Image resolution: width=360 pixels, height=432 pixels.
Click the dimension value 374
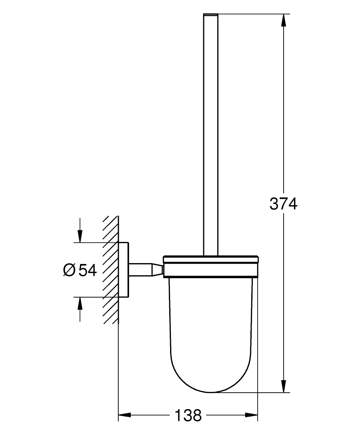tap(284, 203)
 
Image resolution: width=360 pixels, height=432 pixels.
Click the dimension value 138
tap(188, 416)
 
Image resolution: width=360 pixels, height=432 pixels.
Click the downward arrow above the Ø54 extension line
tap(80, 235)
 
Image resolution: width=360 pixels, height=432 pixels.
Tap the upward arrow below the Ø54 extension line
tap(80, 305)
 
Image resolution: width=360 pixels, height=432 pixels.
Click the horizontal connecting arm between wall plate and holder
tap(139, 270)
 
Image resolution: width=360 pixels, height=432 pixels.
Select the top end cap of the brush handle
tap(211, 16)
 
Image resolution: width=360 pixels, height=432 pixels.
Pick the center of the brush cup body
tap(211, 324)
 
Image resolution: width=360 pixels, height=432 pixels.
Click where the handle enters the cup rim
tap(211, 256)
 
